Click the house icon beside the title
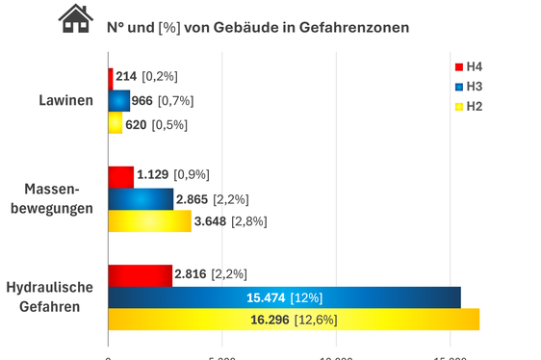pos(75,19)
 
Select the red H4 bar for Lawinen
pos(111,76)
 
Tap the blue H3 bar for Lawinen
pos(118,100)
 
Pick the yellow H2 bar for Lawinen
pos(115,124)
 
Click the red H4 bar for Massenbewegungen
pos(120,176)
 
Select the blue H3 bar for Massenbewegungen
pos(141,199)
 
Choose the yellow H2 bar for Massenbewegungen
pos(149,221)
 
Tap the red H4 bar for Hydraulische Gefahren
pos(140,275)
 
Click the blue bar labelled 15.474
pos(284,298)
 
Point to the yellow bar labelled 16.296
pos(294,321)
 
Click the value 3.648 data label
pos(211,221)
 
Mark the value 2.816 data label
pos(192,275)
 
